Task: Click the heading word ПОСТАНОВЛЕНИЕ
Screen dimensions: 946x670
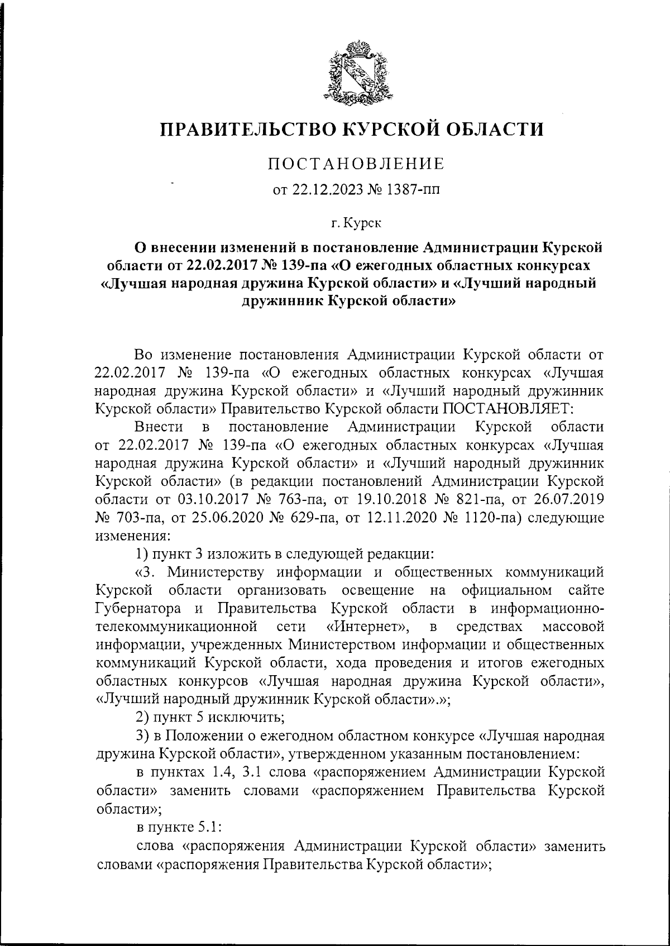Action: click(x=356, y=165)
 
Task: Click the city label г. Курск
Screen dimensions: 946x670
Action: click(x=356, y=223)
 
